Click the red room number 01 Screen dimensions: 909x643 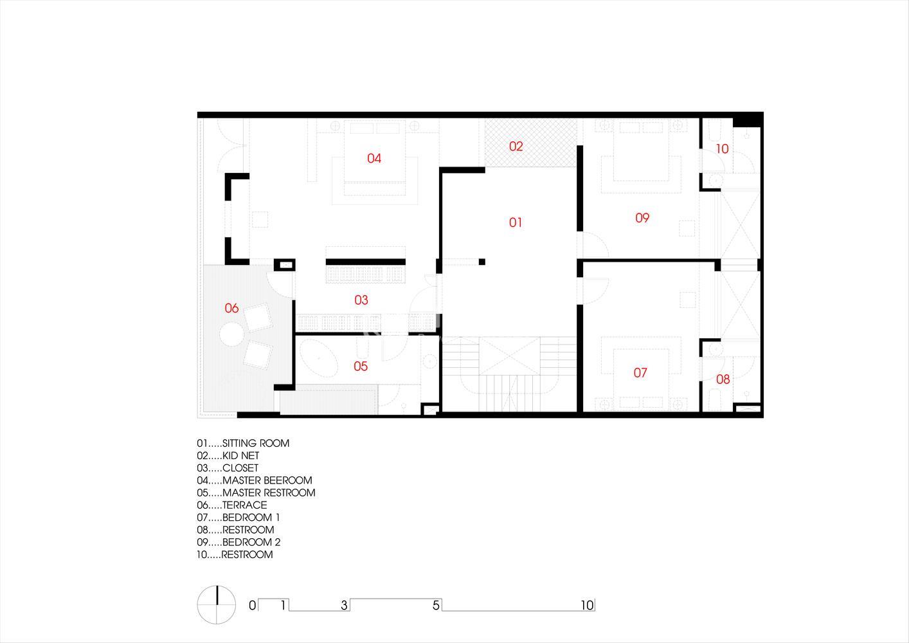[516, 222]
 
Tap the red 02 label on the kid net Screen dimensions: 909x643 [516, 146]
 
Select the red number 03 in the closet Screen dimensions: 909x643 [361, 300]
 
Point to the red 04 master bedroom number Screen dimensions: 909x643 [373, 158]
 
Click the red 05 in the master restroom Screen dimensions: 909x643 [361, 366]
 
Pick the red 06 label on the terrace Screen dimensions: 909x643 [231, 308]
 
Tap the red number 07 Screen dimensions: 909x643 [640, 373]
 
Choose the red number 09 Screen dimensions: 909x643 [642, 218]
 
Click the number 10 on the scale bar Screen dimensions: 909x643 [587, 605]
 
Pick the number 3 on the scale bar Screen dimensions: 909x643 [344, 605]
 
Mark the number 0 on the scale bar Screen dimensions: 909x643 [253, 605]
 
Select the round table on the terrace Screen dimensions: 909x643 [231, 334]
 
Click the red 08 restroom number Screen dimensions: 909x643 [723, 379]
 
